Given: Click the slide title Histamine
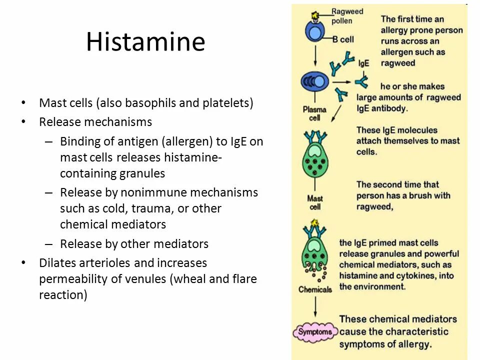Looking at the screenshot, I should pyautogui.click(x=145, y=42).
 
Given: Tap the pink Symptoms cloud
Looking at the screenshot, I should pyautogui.click(x=315, y=331).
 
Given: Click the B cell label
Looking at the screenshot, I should pyautogui.click(x=343, y=39).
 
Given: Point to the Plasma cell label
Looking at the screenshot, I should pyautogui.click(x=314, y=113).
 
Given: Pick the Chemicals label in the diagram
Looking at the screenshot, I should pyautogui.click(x=315, y=289).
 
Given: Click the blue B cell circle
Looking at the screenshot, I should pyautogui.click(x=315, y=35).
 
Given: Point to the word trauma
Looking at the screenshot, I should pyautogui.click(x=146, y=208).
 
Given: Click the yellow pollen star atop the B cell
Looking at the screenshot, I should pyautogui.click(x=315, y=16).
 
